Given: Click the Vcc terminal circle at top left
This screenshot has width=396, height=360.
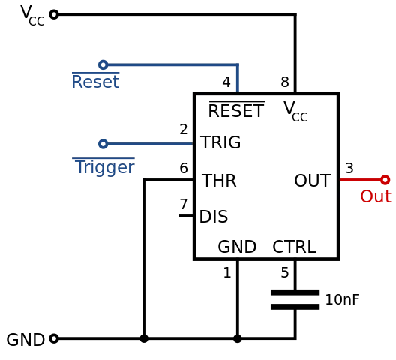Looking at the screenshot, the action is point(54,14).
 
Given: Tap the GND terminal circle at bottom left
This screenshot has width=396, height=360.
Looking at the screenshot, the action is point(54,338).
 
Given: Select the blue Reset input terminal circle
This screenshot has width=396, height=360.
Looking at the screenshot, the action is point(103,64).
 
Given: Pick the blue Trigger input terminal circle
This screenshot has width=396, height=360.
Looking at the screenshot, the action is point(103,144).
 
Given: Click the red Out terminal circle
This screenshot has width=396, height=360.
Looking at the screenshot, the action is point(385,180).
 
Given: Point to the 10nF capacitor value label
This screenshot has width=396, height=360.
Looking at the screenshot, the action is point(342,299).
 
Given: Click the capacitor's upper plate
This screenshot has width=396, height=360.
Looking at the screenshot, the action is point(295,292).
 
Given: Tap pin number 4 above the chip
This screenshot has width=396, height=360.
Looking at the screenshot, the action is point(226,82).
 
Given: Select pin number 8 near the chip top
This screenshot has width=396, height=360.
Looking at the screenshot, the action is point(285,82).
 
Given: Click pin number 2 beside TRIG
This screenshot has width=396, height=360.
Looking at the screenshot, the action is point(184,129).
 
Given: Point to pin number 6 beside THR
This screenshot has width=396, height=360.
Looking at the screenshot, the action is point(184,168).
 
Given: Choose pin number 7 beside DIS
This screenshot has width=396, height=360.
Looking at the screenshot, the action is point(184,204).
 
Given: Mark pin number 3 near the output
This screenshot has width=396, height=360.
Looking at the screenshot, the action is point(349,168).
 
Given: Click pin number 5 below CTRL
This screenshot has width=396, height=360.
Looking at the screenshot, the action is point(285,272).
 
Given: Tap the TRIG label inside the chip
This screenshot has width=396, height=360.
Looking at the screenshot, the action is point(220,142).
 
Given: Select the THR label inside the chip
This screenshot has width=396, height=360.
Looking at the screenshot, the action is point(219,181).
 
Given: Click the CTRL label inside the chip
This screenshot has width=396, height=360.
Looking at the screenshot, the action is point(295,247).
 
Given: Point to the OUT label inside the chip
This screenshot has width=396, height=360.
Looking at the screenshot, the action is point(313,181).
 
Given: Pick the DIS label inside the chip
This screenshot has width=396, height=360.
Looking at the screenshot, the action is point(214,217).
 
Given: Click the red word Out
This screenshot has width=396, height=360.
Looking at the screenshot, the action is point(376,196).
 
